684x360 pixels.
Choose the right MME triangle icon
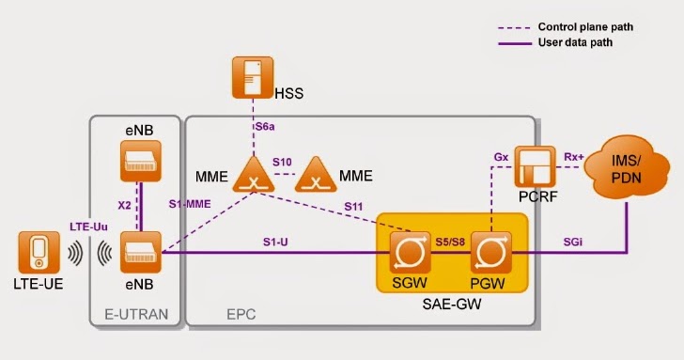point(318,175)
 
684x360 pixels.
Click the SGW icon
point(410,251)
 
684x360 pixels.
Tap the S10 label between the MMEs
point(283,163)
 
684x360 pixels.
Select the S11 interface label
point(355,205)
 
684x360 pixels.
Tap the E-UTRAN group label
point(133,316)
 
